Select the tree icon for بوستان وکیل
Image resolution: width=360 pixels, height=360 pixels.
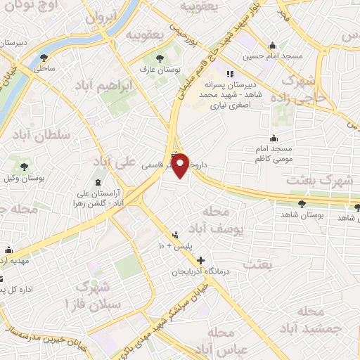pyautogui.click(x=25, y=167)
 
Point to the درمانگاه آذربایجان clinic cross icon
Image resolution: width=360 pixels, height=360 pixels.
pyautogui.click(x=202, y=260)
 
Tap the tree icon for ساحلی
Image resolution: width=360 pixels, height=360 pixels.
pyautogui.click(x=44, y=58)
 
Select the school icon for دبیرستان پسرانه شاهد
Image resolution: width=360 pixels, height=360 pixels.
pyautogui.click(x=229, y=74)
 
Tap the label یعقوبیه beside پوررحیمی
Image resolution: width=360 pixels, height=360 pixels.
pyautogui.click(x=146, y=33)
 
